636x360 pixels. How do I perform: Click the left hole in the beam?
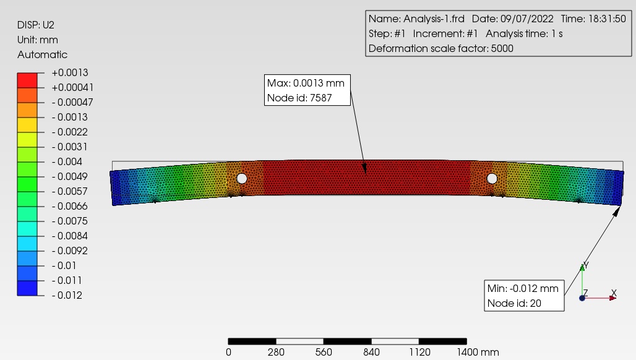pyautogui.click(x=242, y=178)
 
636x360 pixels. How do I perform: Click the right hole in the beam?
pyautogui.click(x=492, y=178)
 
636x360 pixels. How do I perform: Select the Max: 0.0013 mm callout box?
pyautogui.click(x=307, y=90)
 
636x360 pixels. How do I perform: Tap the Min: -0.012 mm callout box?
pyautogui.click(x=524, y=296)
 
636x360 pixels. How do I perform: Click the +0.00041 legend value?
pyautogui.click(x=72, y=88)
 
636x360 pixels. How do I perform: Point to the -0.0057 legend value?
pyautogui.click(x=70, y=191)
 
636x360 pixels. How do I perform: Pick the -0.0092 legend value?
pyautogui.click(x=70, y=251)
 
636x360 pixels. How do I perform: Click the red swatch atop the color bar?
pyautogui.click(x=27, y=80)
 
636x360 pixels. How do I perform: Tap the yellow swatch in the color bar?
pyautogui.click(x=27, y=125)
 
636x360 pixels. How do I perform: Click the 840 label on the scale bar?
pyautogui.click(x=371, y=352)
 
